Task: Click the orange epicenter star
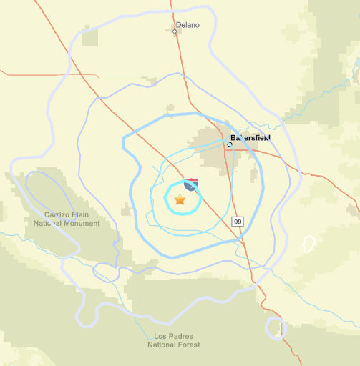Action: click(x=180, y=201)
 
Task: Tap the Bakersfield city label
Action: click(x=250, y=137)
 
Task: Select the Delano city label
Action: click(x=188, y=25)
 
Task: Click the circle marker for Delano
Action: click(x=175, y=31)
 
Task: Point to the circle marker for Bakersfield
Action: click(x=230, y=144)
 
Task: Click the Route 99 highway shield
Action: click(x=238, y=222)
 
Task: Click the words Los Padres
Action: click(x=174, y=336)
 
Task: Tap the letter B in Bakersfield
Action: click(x=233, y=137)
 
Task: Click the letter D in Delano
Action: click(x=177, y=25)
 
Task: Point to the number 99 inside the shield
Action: click(x=238, y=222)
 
